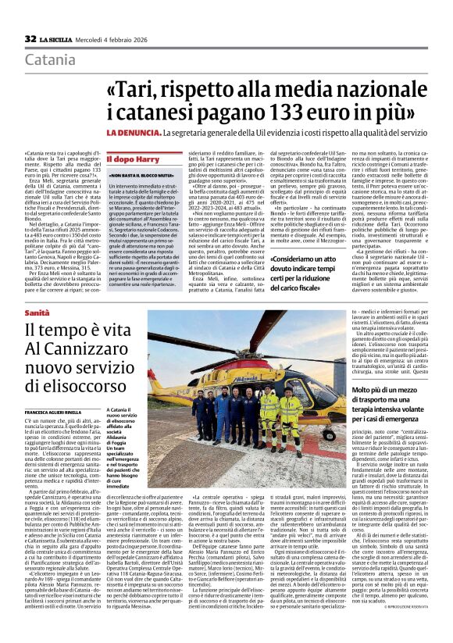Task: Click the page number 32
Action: pyautogui.click(x=30, y=38)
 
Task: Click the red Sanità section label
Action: pyautogui.click(x=37, y=313)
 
